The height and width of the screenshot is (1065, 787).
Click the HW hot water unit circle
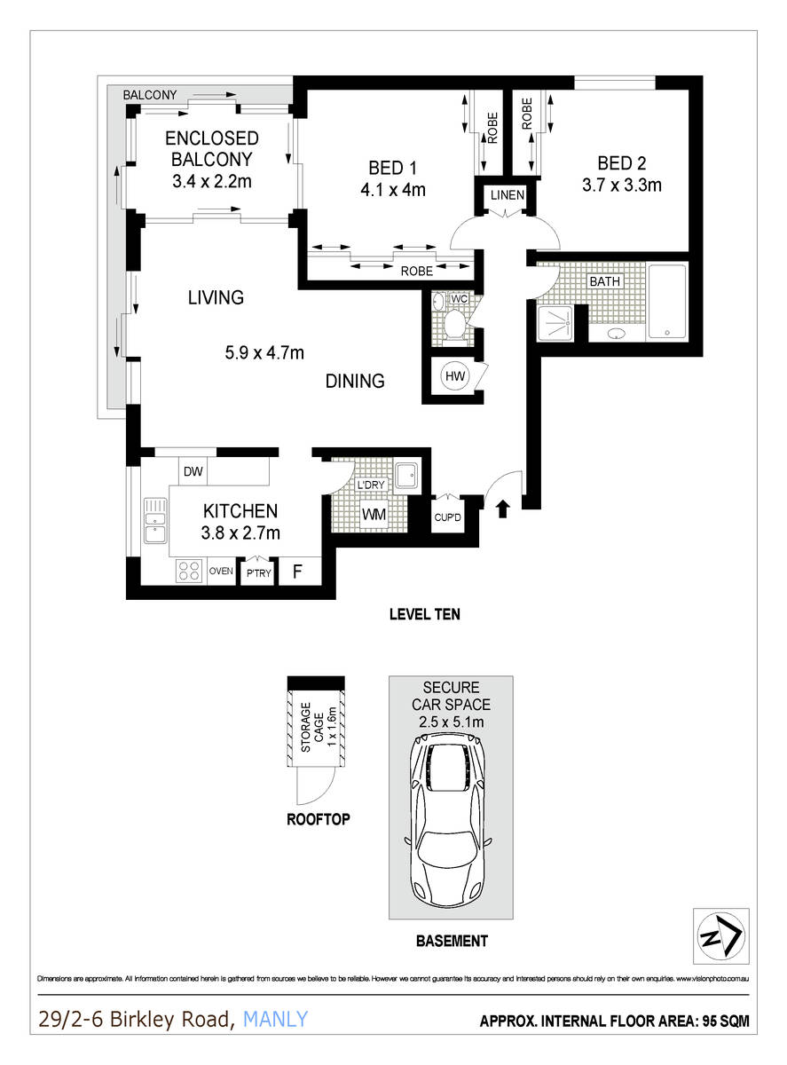(455, 377)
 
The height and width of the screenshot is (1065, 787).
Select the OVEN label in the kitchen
(221, 572)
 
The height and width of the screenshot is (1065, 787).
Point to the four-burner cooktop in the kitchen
(188, 571)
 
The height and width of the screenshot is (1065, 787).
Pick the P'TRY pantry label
(258, 572)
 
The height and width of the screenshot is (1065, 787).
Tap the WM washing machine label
(374, 514)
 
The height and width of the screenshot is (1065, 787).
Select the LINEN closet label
(503, 195)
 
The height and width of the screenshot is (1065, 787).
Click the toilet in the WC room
(456, 326)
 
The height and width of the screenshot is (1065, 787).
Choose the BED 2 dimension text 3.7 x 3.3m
(621, 185)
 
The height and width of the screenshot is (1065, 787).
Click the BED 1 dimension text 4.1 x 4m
(392, 189)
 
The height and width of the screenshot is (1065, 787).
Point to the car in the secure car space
(450, 822)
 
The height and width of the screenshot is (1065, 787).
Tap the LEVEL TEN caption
(424, 613)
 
